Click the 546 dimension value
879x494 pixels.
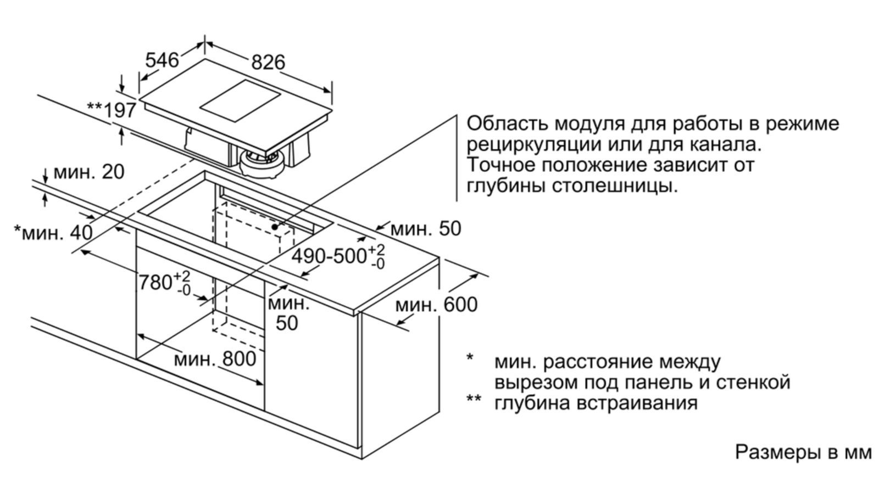pos(162,60)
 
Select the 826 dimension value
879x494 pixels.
pos(268,63)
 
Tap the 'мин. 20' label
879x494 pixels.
pos(88,172)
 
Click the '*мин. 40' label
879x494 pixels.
pos(53,233)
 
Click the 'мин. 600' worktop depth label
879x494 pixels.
pos(436,305)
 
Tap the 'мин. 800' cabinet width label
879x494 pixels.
pos(215,359)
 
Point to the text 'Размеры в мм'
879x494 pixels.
pos(803,452)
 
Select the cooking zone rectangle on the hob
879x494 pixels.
pos(240,103)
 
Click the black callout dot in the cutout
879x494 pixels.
pos(274,226)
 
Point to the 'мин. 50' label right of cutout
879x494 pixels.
pos(426,229)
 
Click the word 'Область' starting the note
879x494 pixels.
pos(505,123)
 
